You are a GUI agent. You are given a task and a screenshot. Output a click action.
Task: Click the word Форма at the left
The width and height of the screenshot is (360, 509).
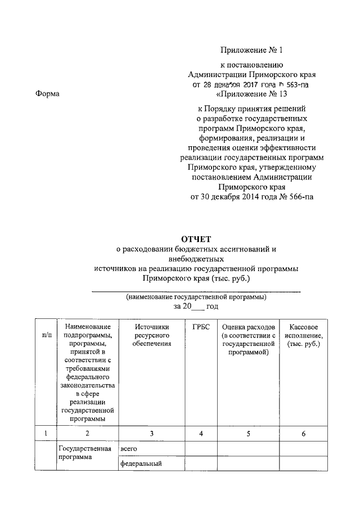point(47,94)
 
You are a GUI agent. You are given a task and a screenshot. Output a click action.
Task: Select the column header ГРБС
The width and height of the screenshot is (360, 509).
point(200,327)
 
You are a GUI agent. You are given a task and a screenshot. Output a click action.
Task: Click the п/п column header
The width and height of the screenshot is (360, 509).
point(47,335)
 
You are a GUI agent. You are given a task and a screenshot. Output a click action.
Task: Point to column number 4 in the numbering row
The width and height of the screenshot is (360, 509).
point(200,433)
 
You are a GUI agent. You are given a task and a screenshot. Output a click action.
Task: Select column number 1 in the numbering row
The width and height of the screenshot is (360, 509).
point(47,433)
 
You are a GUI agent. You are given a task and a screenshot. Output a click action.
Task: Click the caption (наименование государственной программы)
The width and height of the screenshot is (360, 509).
point(196,296)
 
